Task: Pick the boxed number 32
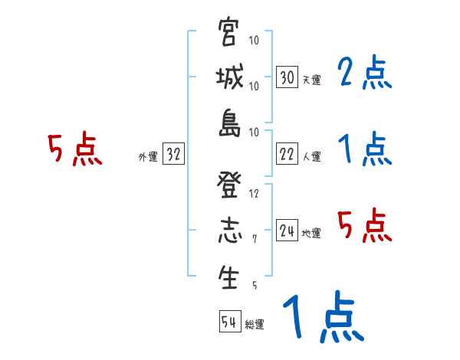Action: pos(173,155)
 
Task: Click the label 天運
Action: pos(311,80)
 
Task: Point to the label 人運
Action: pos(311,156)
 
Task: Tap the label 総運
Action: pos(254,324)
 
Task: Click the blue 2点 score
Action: pos(364,75)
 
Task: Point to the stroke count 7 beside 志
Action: pos(255,240)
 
